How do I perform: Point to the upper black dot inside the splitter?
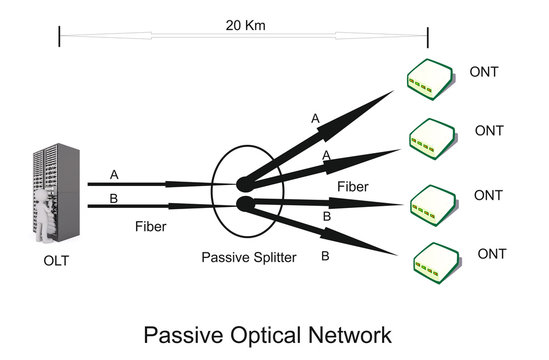click(x=242, y=184)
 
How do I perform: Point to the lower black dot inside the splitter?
click(x=242, y=205)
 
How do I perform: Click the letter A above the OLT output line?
click(x=114, y=173)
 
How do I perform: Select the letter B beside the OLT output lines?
click(x=113, y=198)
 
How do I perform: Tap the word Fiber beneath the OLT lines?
click(x=150, y=227)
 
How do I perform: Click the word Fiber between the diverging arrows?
click(x=353, y=186)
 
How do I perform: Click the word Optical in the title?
click(x=265, y=334)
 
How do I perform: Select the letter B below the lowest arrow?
click(x=324, y=256)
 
